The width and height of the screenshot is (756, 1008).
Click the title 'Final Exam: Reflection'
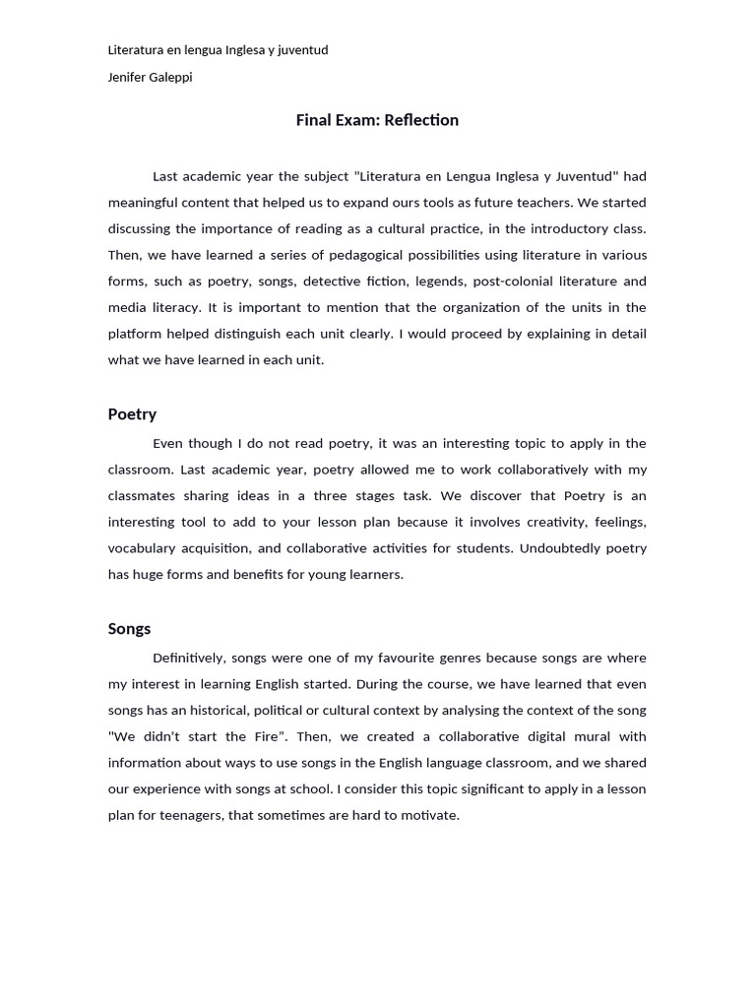coord(377,120)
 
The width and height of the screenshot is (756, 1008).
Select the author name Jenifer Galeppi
coord(150,77)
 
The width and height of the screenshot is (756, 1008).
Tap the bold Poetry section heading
coord(132,413)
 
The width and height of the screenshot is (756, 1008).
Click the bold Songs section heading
coord(129,628)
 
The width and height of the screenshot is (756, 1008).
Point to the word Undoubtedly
coord(560,547)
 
